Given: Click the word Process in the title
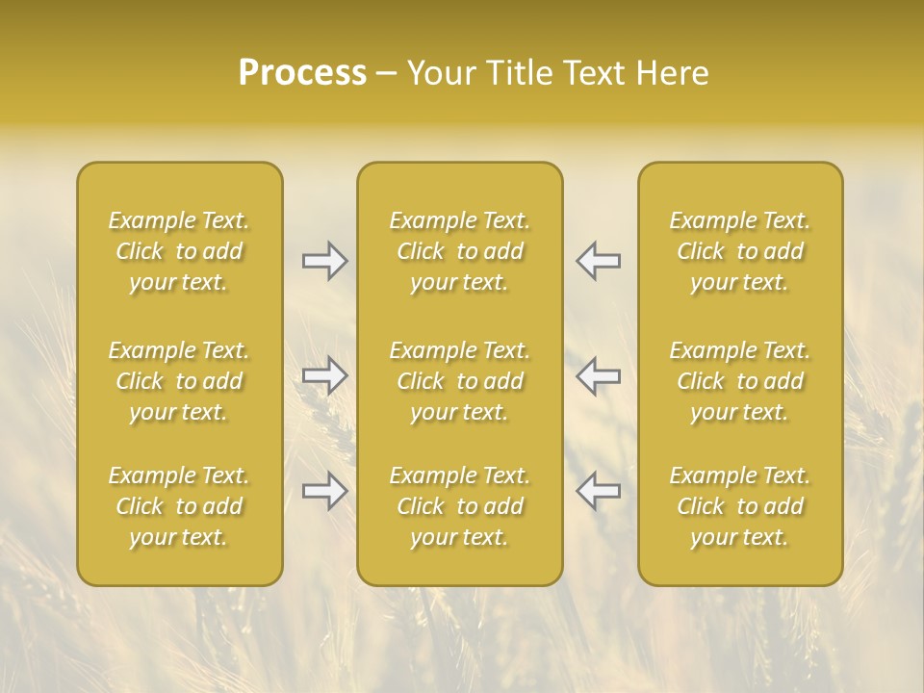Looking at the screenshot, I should (x=302, y=73).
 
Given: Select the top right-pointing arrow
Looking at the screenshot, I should (x=325, y=261).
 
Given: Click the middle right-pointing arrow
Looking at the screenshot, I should (x=325, y=375).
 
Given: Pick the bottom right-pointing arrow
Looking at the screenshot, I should (x=325, y=491).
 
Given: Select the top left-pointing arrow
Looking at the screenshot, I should (x=598, y=261).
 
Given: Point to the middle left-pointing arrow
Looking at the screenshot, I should (x=598, y=375).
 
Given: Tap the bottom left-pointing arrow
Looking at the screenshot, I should (x=598, y=491).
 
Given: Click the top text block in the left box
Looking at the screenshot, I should (x=179, y=251).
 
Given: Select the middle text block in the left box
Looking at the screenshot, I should (x=179, y=381).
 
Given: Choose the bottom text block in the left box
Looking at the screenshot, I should (x=179, y=506).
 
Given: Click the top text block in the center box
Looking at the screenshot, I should (x=460, y=251).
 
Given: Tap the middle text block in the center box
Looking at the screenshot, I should (x=460, y=381).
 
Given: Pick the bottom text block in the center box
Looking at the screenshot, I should (x=460, y=506).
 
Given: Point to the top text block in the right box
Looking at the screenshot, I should (x=740, y=251).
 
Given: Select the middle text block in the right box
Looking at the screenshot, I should (x=740, y=381).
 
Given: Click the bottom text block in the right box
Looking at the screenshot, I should (x=740, y=506).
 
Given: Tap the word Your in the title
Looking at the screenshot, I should (x=438, y=73).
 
